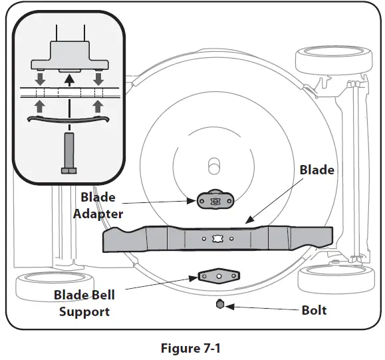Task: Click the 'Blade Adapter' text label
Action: point(102,205)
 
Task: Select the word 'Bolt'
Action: point(314,310)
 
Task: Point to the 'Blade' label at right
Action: point(317,170)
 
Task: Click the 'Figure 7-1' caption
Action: point(193,347)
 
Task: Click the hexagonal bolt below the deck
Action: point(219,304)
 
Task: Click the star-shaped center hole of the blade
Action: point(217,238)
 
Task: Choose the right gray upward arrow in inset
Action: point(98,105)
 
